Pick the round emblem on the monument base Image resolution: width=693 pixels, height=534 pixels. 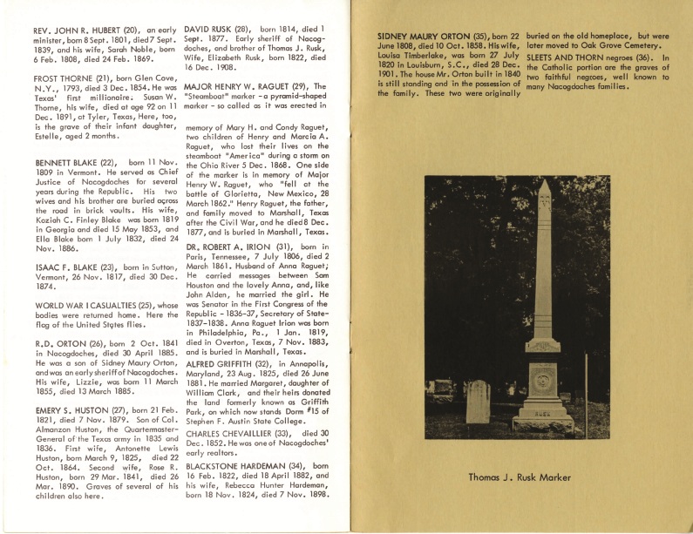542,379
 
